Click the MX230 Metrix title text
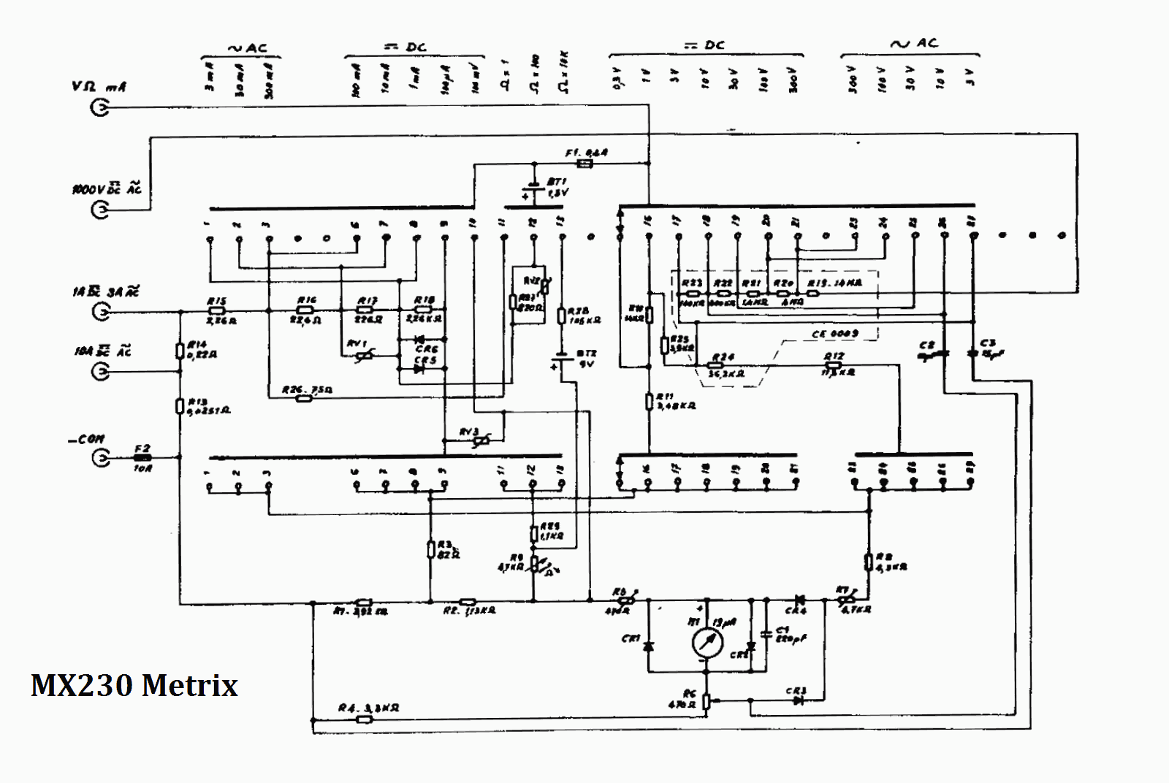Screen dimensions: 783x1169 coord(134,685)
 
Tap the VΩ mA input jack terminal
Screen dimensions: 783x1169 coord(100,108)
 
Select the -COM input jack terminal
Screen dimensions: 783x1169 coord(100,458)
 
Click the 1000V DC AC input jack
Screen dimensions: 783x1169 coord(100,210)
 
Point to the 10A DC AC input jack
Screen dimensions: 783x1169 coord(100,372)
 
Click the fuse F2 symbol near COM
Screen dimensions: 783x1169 coord(142,458)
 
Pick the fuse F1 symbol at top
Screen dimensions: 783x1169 coord(584,164)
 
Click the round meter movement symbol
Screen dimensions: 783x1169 coord(707,642)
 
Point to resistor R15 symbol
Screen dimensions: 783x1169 coord(217,310)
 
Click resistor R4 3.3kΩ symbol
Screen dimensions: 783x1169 coord(364,719)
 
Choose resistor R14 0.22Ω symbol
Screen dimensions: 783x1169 coord(180,352)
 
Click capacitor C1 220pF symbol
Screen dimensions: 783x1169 coord(766,634)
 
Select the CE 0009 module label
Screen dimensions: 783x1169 coord(834,334)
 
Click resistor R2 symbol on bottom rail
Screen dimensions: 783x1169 coord(462,602)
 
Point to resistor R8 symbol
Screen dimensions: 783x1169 coord(869,561)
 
